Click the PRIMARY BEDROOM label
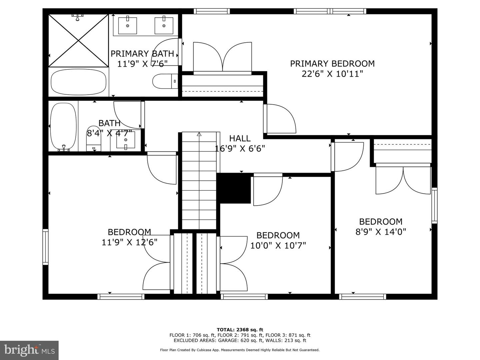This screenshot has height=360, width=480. pos(332,63)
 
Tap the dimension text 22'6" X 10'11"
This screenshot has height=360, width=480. pos(332,74)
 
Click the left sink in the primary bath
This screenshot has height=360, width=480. pos(127,26)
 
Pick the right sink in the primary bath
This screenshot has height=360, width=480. pos(164,26)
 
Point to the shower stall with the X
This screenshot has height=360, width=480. pos(78,40)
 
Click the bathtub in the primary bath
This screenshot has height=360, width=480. pos(78,82)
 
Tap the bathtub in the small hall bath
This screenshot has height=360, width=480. pos(63,127)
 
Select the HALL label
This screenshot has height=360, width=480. pos(240,138)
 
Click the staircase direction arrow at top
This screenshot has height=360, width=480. pos(199,134)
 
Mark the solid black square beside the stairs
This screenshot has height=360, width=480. pos(234,188)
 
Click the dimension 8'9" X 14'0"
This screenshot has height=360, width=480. pos(381,232)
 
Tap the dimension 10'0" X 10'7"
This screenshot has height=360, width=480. pos(278,246)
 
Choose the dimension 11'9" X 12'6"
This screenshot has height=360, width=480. pos(129,242)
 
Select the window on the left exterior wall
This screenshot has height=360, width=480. pos(45,247)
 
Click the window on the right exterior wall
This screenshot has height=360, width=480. pos(434,205)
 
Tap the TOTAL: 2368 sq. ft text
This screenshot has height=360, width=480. pos(240,330)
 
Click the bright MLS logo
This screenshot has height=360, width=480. pos(29,350)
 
